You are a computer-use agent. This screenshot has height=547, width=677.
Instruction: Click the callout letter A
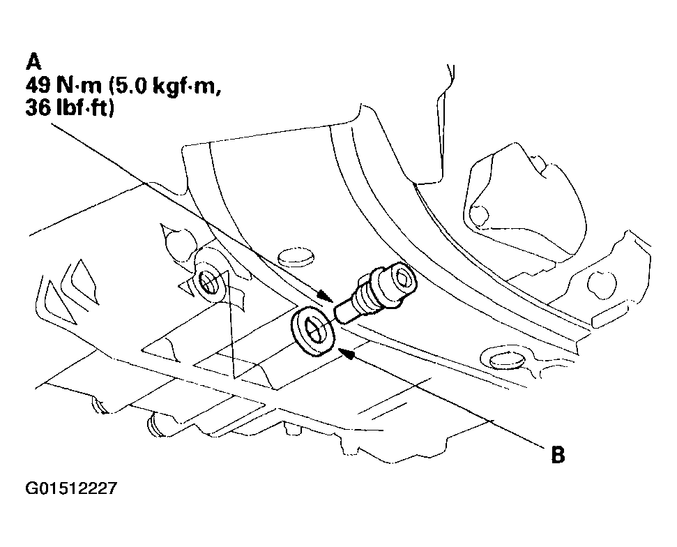(33, 61)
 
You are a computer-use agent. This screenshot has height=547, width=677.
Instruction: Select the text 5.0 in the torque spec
(131, 86)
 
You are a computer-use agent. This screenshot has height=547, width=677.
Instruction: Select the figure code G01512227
(71, 488)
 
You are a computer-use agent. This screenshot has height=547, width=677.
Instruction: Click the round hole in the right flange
(597, 284)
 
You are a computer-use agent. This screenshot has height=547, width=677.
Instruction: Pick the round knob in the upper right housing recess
(479, 215)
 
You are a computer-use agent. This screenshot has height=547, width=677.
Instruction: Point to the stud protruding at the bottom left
(153, 425)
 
